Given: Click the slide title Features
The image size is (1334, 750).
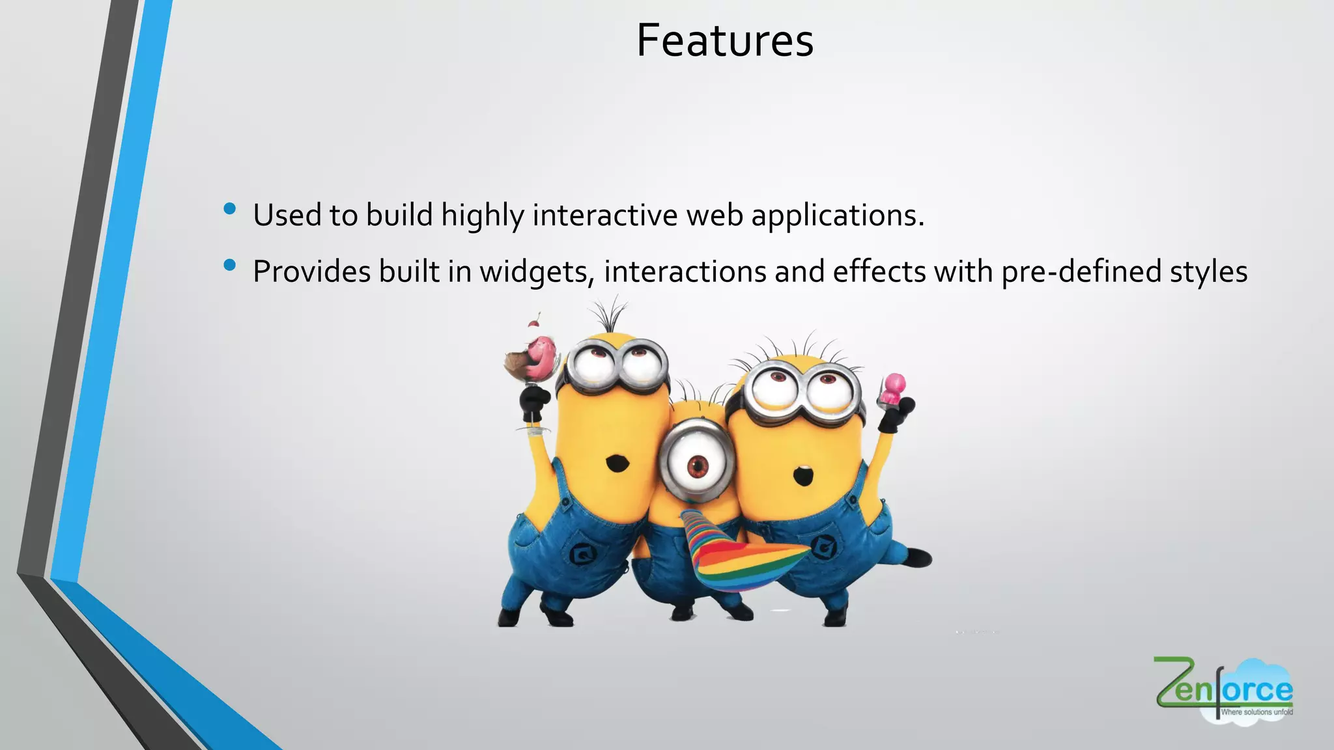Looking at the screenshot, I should coord(724,40).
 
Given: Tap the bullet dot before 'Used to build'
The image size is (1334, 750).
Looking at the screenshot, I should coord(229,209).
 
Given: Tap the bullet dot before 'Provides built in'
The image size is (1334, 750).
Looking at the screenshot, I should coord(229,265).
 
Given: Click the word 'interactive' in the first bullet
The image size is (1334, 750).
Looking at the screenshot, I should coord(604,215).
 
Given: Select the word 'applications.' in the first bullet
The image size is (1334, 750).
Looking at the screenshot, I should coord(838,215).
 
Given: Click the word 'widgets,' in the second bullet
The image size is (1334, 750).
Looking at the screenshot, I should coord(537,271).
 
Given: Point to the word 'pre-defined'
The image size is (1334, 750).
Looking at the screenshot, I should coord(1081,271).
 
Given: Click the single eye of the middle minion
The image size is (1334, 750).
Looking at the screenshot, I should coord(698,465).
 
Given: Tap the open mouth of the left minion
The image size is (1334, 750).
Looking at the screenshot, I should coord(616,464).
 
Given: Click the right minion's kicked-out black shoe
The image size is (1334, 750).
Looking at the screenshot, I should coord(918,558).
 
